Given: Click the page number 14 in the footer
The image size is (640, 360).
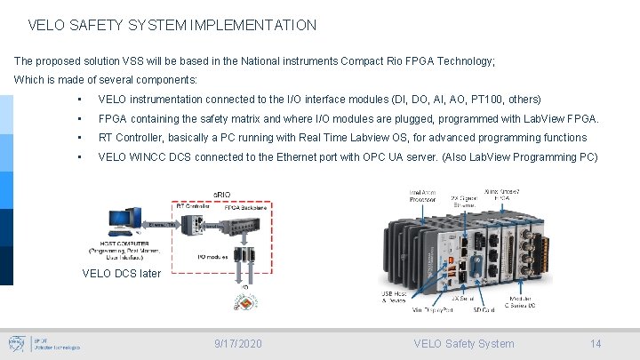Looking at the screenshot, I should point(596,344).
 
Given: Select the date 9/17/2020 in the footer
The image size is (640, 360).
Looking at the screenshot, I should point(239,344).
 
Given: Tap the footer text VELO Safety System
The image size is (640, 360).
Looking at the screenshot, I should point(463,344).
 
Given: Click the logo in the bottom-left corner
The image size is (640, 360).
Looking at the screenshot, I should point(19,343).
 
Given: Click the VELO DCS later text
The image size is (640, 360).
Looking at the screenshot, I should point(121,274).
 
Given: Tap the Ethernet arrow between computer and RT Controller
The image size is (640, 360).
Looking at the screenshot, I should point(160,226).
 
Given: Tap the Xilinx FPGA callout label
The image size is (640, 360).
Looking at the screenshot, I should point(503,196).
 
